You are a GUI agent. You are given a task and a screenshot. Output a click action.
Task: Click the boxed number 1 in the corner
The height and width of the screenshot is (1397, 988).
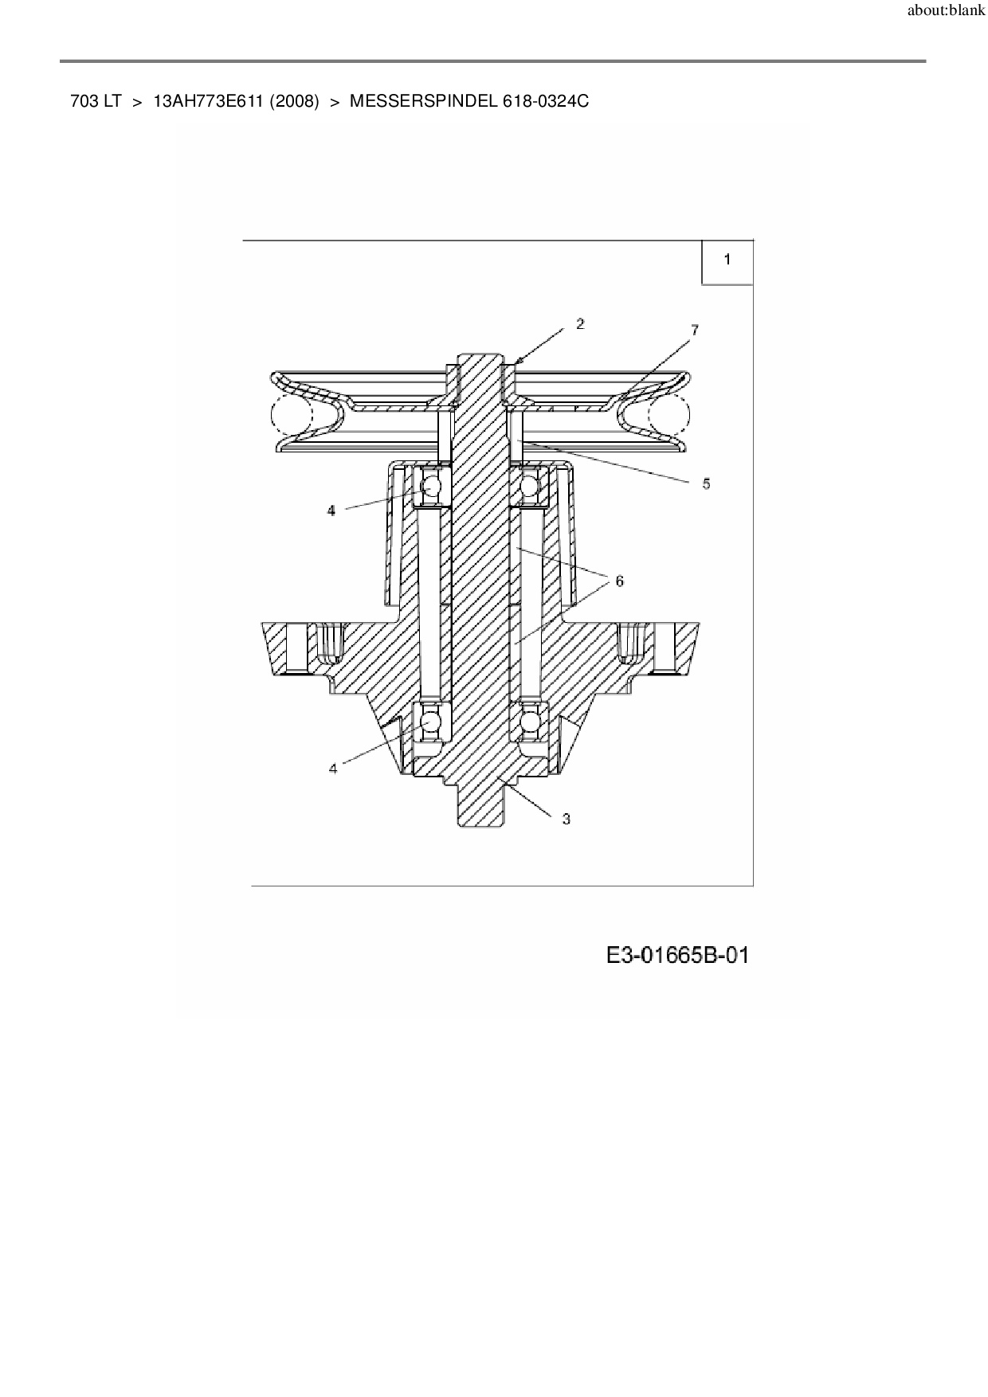coord(727,259)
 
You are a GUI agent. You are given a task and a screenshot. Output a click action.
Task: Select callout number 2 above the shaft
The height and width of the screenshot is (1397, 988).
coord(580,323)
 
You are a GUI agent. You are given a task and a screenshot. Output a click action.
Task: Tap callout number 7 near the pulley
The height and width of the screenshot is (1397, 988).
coord(695,330)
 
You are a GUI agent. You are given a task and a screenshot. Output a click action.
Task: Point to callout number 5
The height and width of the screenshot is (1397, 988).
coord(706,483)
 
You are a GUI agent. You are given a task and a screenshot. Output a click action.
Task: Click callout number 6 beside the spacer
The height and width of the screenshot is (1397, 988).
coord(620,581)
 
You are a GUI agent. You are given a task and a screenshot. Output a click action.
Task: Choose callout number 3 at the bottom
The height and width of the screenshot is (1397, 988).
coord(567,819)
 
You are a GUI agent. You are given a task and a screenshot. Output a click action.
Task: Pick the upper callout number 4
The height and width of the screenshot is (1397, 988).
coord(331,511)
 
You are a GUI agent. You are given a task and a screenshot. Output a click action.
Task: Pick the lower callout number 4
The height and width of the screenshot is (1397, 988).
coord(333,769)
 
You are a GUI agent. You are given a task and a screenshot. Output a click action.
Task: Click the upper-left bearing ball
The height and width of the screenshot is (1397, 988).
coord(431,486)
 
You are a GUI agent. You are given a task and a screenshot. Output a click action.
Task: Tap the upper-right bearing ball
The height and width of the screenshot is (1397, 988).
coord(530,486)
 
